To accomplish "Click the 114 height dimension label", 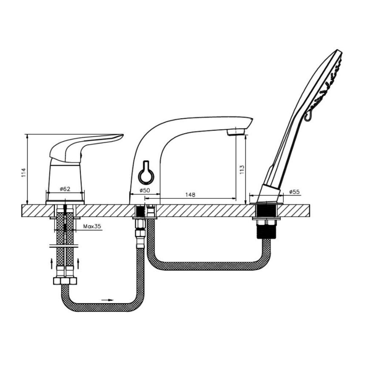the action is point(23,172).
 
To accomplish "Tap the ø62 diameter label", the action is point(65,189).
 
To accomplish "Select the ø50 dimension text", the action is point(145,190).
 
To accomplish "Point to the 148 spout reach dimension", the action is point(190,194).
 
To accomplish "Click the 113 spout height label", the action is point(242,170).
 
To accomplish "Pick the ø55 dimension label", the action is point(294,192).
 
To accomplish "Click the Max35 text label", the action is point(92,226).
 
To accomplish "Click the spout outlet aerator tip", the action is point(236,132).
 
